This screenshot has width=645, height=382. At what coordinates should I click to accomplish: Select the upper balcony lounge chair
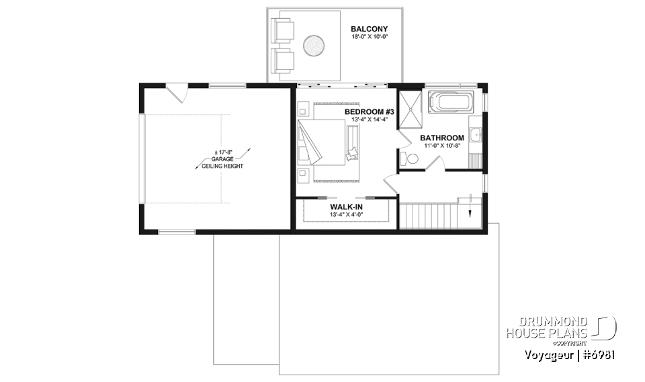click(283, 31)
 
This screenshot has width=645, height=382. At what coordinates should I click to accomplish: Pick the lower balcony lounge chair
click(283, 60)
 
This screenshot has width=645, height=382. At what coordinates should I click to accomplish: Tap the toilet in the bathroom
click(409, 158)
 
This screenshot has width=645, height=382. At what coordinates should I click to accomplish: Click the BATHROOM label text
click(442, 138)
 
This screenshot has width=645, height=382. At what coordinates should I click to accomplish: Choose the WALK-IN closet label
click(346, 207)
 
